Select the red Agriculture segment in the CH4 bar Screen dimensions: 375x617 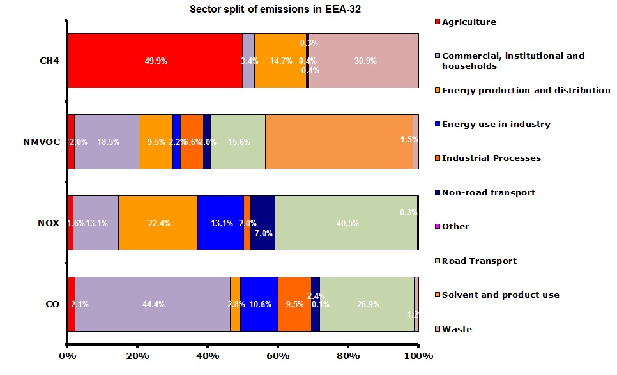tap(155, 61)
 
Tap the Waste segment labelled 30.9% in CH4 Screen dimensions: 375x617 tap(364, 61)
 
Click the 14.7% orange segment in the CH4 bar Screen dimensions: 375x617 tap(280, 61)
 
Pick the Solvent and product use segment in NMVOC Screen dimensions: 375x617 tap(339, 141)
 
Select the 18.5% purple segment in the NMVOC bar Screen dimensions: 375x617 tap(107, 141)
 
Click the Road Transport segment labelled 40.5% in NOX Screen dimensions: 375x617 tap(346, 223)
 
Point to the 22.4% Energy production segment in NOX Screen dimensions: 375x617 tap(158, 223)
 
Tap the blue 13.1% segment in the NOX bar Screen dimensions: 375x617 tap(220, 223)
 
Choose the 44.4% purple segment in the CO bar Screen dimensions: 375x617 tap(153, 304)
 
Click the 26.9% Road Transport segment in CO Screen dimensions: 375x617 tap(367, 304)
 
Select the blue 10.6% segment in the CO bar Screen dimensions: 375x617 tap(259, 304)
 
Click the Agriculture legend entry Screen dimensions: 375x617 tap(469, 22)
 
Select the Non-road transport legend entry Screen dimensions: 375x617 tap(489, 192)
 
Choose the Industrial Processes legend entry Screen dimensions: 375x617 tap(491, 158)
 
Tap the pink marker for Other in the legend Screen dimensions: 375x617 tap(438, 227)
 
